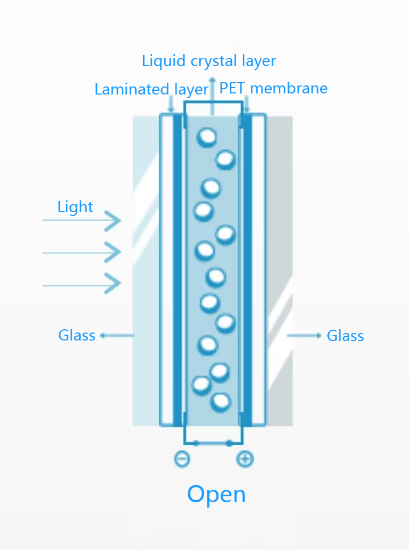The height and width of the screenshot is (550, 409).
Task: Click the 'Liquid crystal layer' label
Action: [x=209, y=61]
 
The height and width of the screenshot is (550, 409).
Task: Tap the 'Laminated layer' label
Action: [x=151, y=89]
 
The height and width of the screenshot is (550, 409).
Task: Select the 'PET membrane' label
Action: [x=273, y=88]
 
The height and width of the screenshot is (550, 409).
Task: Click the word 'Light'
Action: [x=75, y=207]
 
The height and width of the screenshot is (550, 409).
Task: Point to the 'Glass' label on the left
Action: [x=76, y=336]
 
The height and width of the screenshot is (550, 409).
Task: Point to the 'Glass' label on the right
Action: [x=345, y=336]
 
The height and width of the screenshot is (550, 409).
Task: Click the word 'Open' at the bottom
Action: [x=216, y=494]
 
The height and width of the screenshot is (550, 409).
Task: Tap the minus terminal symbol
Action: [x=182, y=459]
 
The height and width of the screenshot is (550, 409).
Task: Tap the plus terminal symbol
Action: [x=245, y=459]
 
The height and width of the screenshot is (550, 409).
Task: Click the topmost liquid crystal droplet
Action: [x=207, y=137]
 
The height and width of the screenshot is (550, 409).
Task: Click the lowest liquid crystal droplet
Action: [x=221, y=402]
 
